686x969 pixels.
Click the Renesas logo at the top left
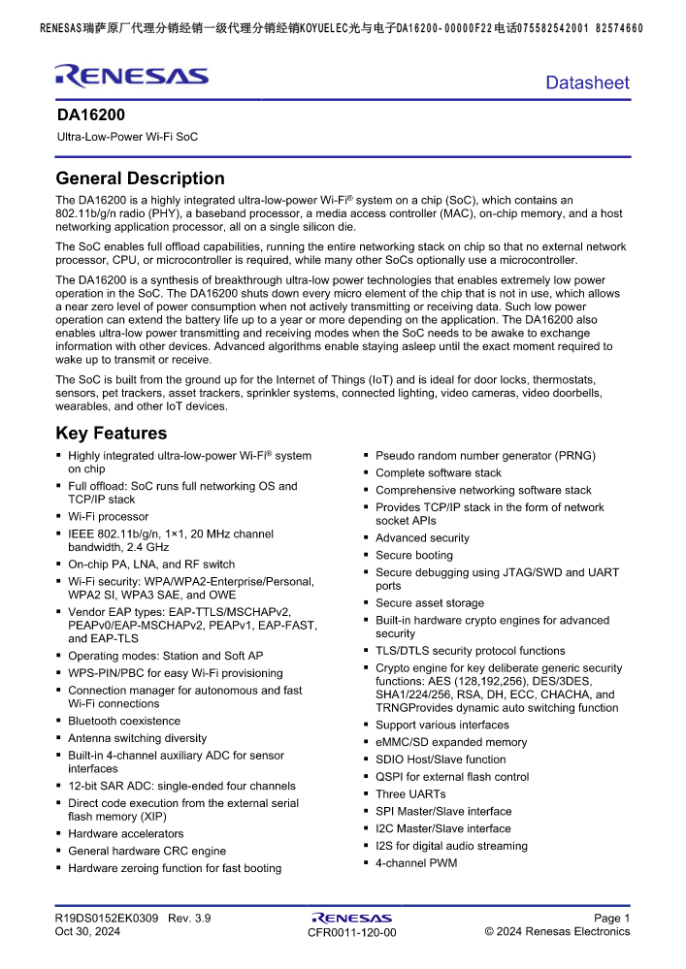pos(131,76)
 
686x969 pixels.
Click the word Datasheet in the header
pos(587,83)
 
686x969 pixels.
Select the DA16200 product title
pos(90,114)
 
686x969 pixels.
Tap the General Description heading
pos(140,178)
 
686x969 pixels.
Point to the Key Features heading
pos(112,434)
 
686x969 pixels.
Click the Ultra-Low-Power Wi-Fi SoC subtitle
pos(127,137)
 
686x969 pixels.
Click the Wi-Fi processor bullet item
pos(108,517)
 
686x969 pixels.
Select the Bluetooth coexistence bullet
pos(124,722)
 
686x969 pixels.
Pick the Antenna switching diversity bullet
pos(137,738)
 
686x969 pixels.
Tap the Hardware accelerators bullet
pos(125,834)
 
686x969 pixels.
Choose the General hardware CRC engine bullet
pos(147,851)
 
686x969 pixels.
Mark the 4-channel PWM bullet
pos(416,863)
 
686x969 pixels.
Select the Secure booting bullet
pos(414,556)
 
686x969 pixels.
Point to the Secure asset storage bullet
pos(430,603)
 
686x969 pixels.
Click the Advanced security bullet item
pos(422,538)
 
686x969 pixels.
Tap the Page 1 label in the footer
pos(611,918)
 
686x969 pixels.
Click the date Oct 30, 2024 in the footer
pos(87,932)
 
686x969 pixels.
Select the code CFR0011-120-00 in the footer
pos(351,933)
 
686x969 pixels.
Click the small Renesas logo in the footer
pos(351,917)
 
